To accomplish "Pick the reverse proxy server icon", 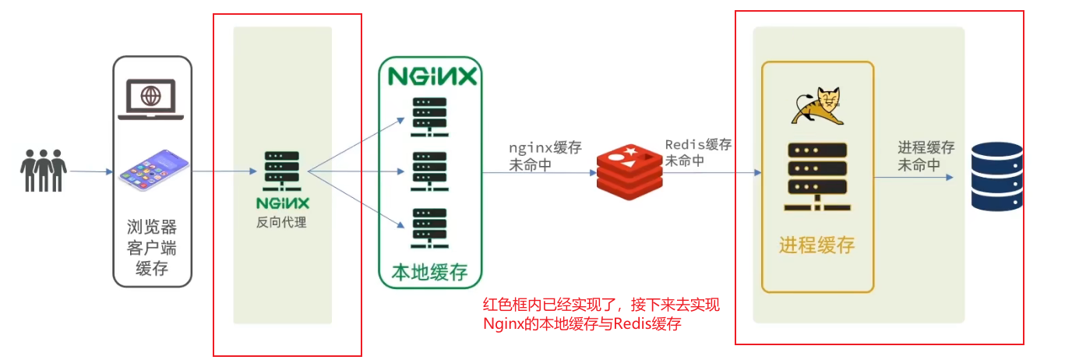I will [277, 172].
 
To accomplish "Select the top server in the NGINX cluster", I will [429, 118].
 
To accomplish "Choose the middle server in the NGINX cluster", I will [429, 171].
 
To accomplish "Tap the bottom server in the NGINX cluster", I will [429, 227].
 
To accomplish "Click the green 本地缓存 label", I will [429, 271].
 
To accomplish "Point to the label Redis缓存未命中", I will [698, 153].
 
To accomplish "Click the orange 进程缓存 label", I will [816, 245].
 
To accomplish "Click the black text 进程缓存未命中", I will [926, 156].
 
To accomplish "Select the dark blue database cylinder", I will [996, 176].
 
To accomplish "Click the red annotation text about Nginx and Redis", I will [601, 315].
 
